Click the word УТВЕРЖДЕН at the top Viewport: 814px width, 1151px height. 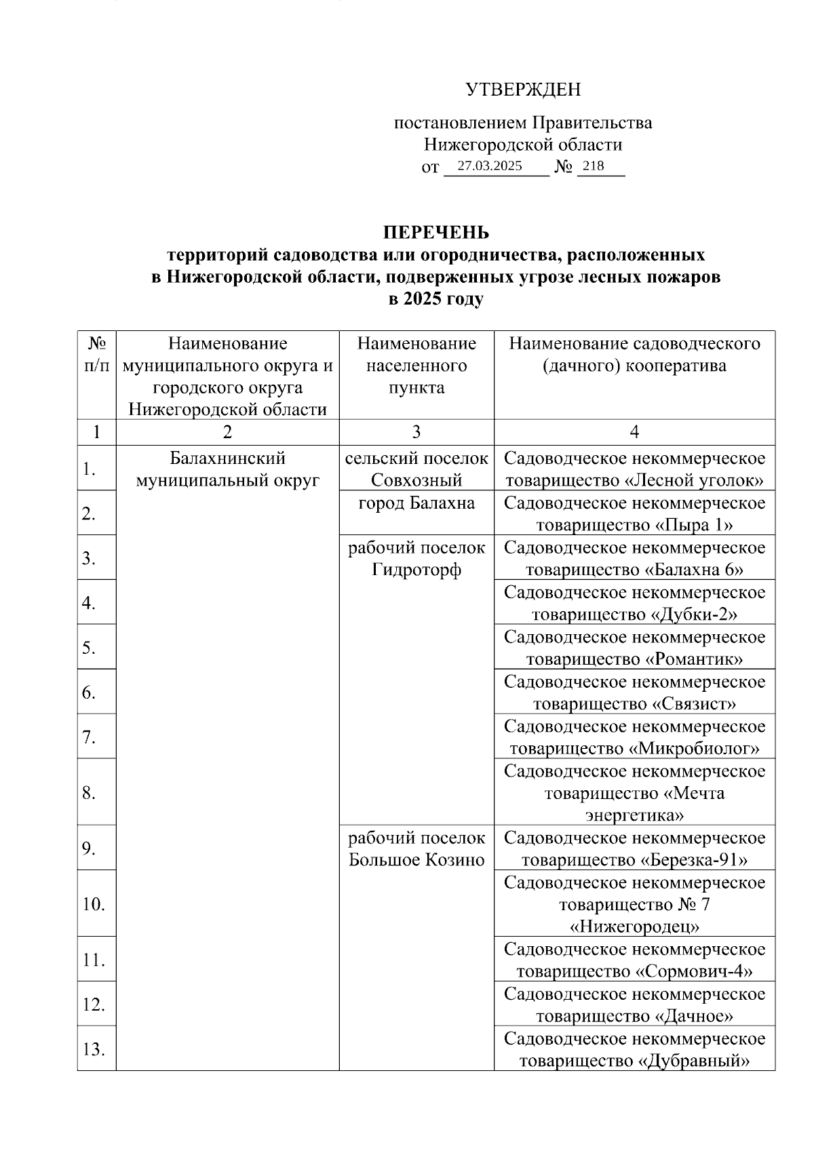tap(522, 90)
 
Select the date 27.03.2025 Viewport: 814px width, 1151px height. tap(490, 166)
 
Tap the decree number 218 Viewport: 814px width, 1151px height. tap(593, 166)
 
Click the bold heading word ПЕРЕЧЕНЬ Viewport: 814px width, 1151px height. tap(436, 233)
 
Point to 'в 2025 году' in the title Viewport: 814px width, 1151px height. tap(436, 299)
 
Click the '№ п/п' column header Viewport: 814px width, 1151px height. tap(96, 355)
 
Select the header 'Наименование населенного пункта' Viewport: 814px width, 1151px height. tap(416, 366)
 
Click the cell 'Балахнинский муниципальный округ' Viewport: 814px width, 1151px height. tap(227, 469)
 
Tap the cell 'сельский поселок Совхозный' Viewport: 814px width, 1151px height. tap(416, 469)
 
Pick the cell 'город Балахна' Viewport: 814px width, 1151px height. tap(416, 503)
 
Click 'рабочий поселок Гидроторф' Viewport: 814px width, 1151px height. tap(416, 558)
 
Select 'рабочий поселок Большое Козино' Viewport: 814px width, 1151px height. tap(416, 849)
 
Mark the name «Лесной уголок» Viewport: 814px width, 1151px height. tap(694, 481)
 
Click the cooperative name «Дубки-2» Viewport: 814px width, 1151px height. tap(694, 614)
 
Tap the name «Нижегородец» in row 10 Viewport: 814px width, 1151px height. tap(634, 926)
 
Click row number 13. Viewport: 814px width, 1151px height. tap(94, 1049)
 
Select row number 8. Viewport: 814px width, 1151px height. tap(89, 792)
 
